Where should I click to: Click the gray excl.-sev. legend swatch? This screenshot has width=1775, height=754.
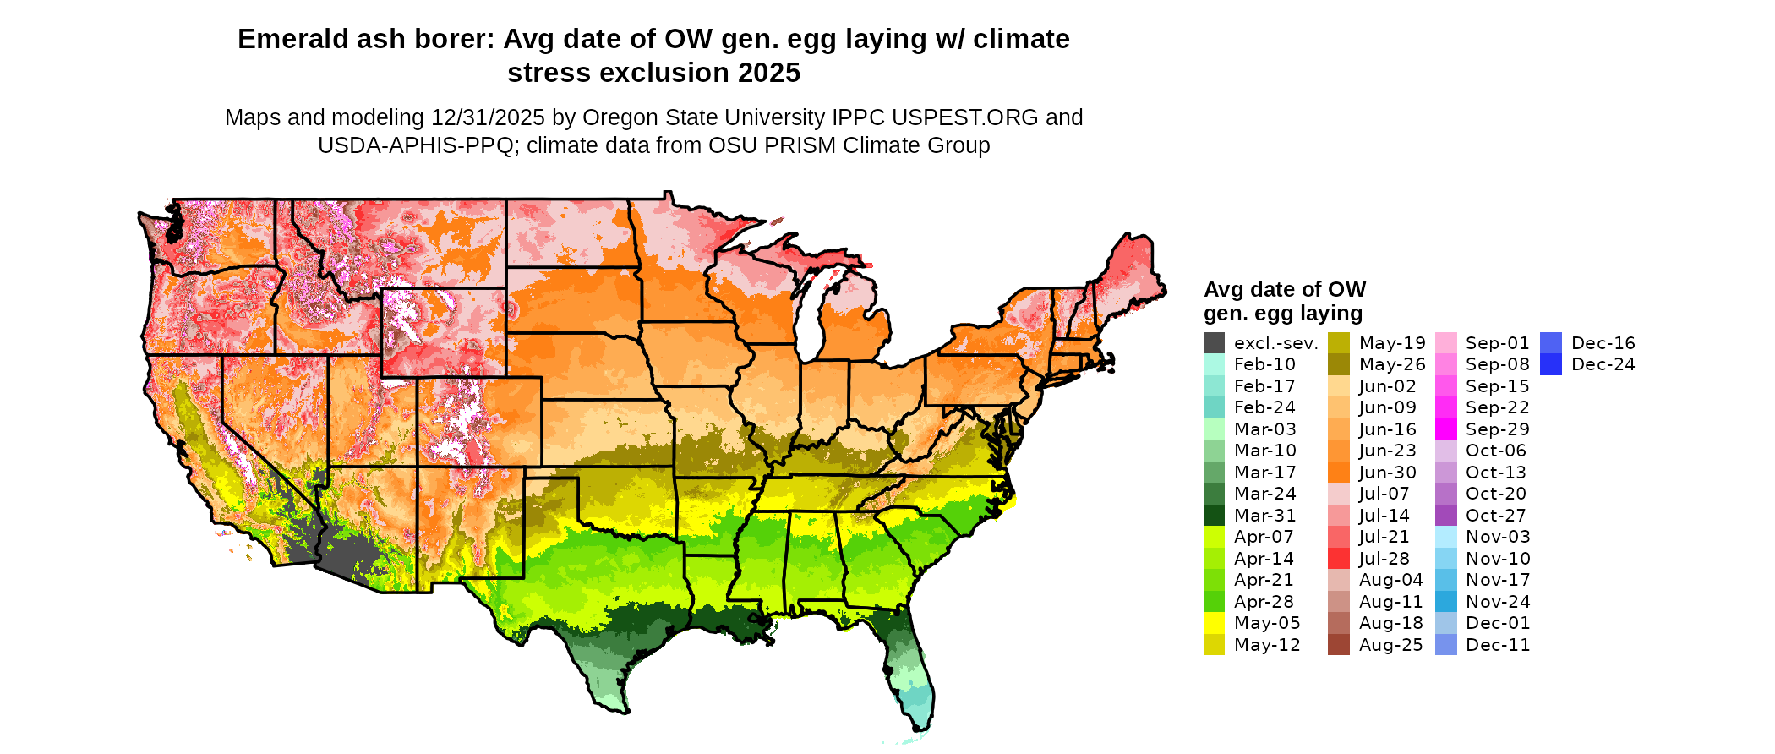tap(1214, 343)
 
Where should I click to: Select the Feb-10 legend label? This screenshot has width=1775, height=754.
tap(1264, 364)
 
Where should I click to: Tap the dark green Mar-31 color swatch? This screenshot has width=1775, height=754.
tap(1214, 516)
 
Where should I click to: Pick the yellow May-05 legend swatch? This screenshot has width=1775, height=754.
tap(1214, 623)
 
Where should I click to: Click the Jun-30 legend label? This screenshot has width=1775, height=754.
tap(1387, 473)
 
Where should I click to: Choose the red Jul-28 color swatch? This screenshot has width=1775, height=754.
tap(1339, 559)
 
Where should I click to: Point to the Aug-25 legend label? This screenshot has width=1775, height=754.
tap(1390, 645)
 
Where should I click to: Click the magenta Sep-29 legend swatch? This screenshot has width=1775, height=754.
tap(1446, 429)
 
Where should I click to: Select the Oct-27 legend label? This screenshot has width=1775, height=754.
tap(1497, 516)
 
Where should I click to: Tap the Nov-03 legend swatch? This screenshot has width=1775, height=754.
tap(1446, 537)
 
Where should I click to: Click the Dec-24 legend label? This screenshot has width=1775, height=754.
tap(1603, 364)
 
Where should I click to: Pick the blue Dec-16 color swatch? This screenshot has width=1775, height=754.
tap(1551, 343)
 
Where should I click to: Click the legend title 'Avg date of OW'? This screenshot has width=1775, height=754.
tap(1284, 290)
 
